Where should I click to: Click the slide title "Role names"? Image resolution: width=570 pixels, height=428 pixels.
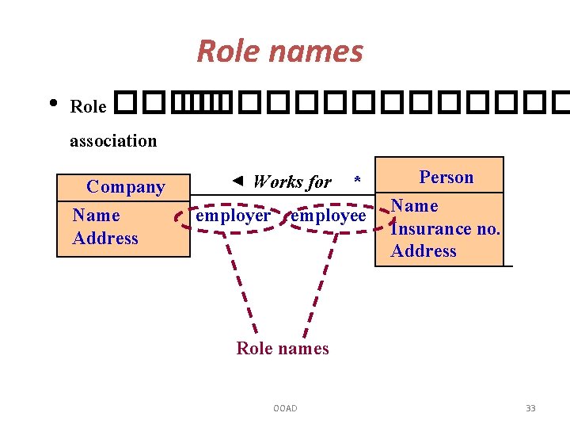[x=279, y=52]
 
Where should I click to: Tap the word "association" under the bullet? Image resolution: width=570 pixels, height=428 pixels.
[x=113, y=141]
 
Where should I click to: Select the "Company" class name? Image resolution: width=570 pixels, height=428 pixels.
[x=125, y=187]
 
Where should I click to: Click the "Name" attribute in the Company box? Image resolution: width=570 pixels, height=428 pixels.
[x=96, y=216]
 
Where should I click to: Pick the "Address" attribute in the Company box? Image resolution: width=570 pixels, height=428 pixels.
[x=105, y=239]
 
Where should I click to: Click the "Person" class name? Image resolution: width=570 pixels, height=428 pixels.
[x=446, y=178]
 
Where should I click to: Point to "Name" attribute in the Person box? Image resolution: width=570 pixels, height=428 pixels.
[x=415, y=206]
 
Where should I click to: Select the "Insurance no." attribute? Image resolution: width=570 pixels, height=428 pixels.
[x=445, y=229]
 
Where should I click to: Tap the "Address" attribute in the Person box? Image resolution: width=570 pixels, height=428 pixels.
[x=424, y=251]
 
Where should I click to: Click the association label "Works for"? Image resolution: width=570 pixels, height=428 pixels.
[x=291, y=182]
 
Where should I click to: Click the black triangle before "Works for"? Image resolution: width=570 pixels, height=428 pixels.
[x=238, y=181]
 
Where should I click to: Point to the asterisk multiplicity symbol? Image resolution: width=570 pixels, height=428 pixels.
[x=357, y=182]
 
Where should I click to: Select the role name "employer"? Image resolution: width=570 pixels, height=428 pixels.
[x=233, y=216]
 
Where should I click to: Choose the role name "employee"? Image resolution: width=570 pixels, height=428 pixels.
[x=329, y=216]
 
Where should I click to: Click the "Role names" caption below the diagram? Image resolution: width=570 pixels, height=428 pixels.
[x=283, y=349]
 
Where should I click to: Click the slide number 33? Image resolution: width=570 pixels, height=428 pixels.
[x=530, y=408]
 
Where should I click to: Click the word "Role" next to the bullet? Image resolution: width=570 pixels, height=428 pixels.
[x=88, y=106]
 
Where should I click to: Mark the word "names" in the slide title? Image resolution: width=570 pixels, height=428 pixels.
[x=324, y=52]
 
